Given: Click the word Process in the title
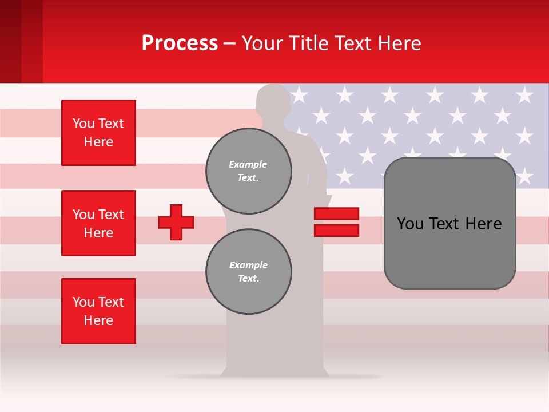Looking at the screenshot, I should (180, 43).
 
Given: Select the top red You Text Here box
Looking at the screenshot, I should (98, 133).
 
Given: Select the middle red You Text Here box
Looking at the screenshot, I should (98, 223).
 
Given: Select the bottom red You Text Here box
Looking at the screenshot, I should (98, 311).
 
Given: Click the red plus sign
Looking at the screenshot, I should (176, 222).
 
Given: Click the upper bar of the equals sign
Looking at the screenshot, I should (336, 214).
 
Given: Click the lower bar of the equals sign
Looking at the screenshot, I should (336, 230).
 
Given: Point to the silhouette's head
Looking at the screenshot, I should (273, 102).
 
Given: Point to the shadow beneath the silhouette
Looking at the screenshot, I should (274, 377).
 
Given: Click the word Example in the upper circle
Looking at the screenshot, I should (248, 164).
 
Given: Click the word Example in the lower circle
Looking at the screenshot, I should (248, 265).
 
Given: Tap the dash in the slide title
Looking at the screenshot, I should (230, 43).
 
